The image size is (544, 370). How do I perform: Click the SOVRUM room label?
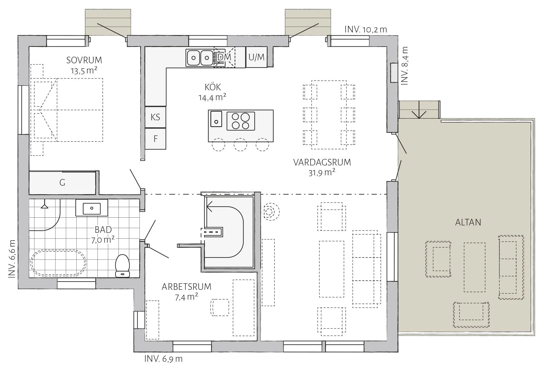tap(84, 60)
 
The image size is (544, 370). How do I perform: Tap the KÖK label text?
tap(213, 87)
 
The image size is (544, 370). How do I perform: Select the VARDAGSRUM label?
tap(322, 162)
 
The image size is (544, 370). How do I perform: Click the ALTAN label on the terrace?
tap(468, 222)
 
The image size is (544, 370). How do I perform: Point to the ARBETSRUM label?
tap(187, 287)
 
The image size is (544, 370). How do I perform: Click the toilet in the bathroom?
tap(122, 266)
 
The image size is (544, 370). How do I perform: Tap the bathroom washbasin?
tap(92, 208)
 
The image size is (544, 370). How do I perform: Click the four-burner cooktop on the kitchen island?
tap(241, 121)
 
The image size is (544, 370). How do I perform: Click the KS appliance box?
tap(155, 117)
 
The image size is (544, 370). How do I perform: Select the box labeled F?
tap(155, 139)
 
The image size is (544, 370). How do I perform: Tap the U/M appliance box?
tap(256, 57)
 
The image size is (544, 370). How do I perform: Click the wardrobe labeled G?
tap(62, 182)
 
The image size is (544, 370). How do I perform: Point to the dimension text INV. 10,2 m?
tap(366, 29)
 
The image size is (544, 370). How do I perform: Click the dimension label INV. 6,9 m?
tap(163, 359)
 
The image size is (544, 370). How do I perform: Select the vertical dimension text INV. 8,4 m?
tap(405, 66)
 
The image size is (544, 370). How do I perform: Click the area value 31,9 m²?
tap(322, 173)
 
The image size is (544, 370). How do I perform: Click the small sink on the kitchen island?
tap(216, 119)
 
